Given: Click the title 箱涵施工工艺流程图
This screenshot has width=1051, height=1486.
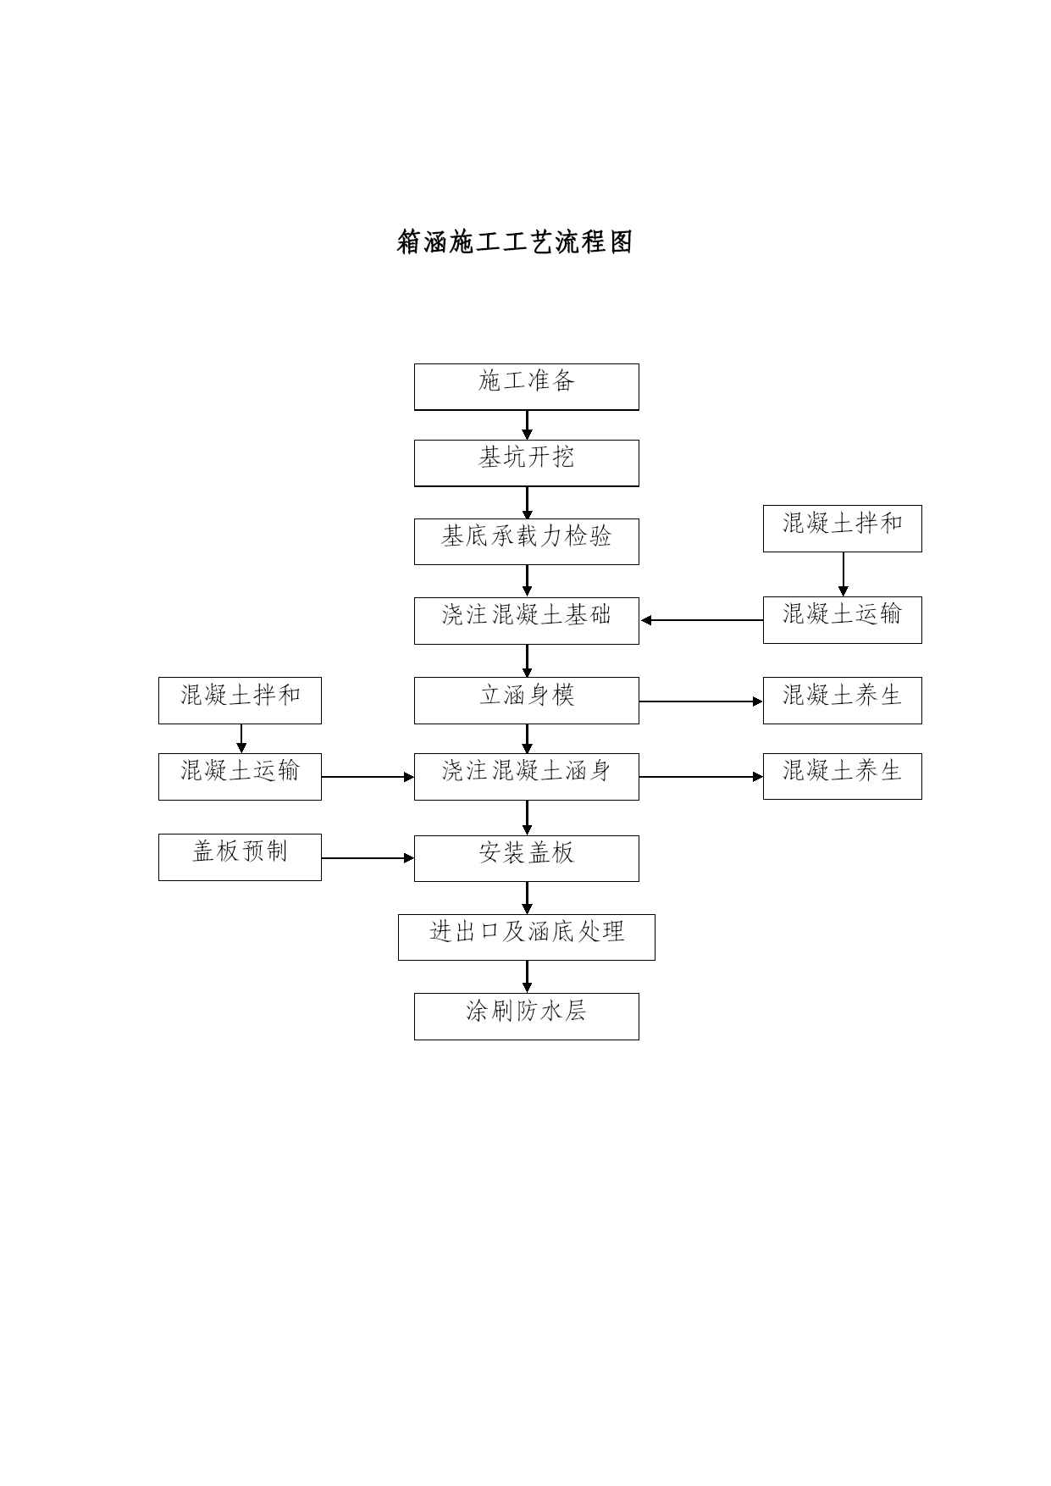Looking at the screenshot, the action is pos(515,242).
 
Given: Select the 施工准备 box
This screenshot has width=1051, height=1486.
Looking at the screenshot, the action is pos(527,387).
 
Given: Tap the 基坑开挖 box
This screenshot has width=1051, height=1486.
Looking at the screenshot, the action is pos(527,463).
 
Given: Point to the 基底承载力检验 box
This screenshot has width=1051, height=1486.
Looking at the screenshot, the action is pos(527,541).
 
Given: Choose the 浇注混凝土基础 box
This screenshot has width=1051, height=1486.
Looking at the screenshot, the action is pos(527,621).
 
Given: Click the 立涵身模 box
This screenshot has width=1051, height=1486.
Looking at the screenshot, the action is pos(527,701).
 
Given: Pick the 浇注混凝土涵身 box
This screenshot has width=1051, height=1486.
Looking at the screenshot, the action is pos(527,777).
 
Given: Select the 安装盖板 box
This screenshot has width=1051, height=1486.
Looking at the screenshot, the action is pos(527,858).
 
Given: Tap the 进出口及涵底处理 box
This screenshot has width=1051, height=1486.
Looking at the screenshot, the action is pos(527,937).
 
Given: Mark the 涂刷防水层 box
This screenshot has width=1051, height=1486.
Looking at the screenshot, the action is pos(527,1017).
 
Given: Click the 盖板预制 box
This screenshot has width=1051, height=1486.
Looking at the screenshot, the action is pos(240,857).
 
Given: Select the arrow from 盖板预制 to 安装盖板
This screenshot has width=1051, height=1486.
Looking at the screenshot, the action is pos(368,858).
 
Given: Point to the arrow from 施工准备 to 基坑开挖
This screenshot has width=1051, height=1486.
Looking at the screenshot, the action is pos(527,425).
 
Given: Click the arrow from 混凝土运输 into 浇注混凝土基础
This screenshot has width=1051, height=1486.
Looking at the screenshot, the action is pos(702,620).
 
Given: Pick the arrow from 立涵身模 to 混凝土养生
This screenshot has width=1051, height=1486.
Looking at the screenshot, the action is pos(701,701).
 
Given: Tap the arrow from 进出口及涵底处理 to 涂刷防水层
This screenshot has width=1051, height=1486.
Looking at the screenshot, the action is pos(527,977).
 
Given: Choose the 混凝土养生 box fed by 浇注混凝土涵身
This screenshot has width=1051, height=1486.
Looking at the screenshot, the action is pos(843,776).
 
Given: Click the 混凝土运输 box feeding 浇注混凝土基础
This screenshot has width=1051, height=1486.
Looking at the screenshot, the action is pos(843,620).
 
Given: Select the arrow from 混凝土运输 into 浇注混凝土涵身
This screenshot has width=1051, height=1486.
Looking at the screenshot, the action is pos(368,777).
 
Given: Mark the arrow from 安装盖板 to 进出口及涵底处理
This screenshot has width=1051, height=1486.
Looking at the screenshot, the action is pos(527,898).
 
